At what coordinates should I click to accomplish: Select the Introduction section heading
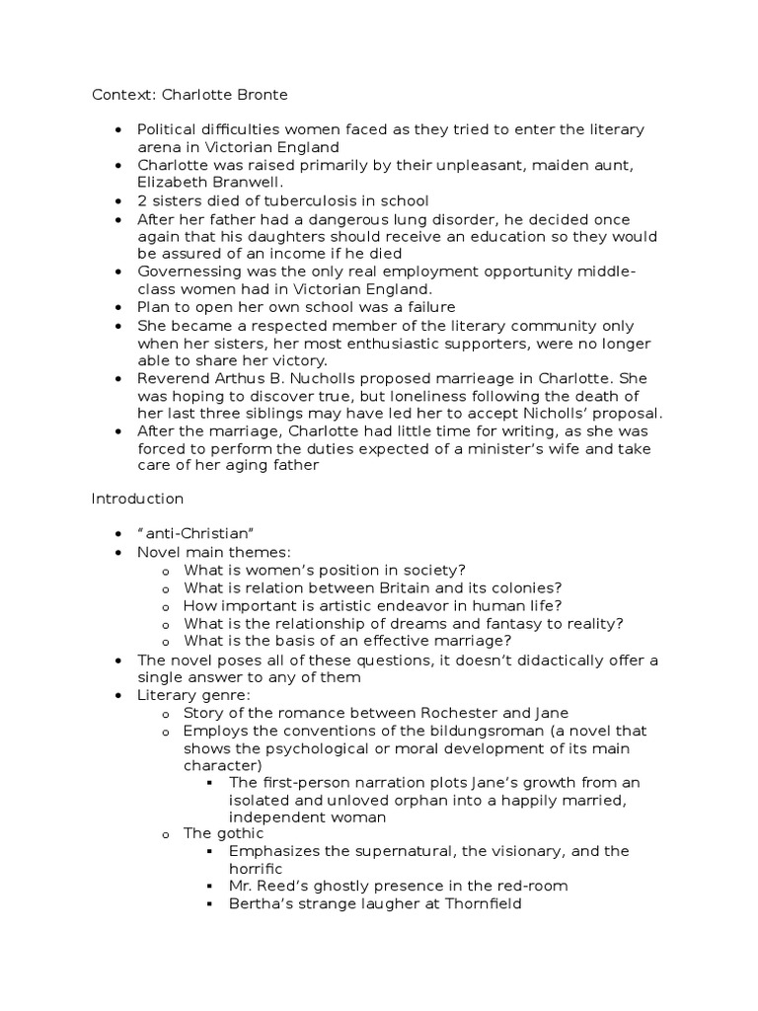click(x=137, y=499)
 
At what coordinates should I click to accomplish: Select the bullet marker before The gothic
click(x=165, y=835)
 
